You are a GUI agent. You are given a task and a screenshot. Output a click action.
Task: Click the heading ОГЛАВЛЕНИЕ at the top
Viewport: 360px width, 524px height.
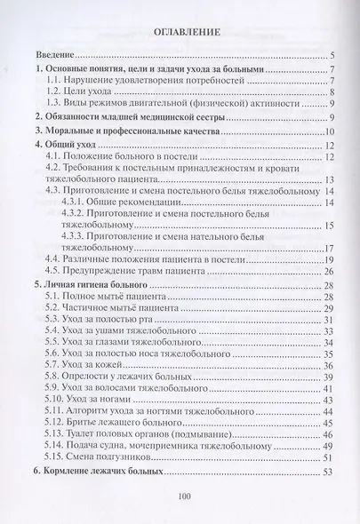[x=180, y=33]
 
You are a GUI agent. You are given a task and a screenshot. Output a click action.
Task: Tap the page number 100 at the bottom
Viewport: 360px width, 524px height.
[x=185, y=496]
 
